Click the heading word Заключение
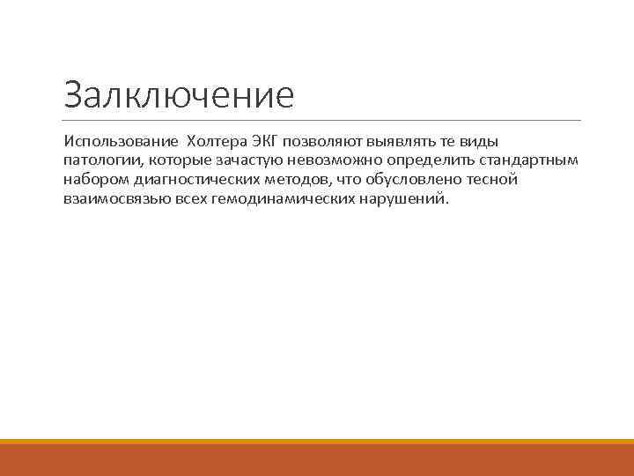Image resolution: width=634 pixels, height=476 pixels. tap(179, 94)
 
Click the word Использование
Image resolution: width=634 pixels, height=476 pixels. tap(120, 142)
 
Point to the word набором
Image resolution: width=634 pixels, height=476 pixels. tap(93, 180)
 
